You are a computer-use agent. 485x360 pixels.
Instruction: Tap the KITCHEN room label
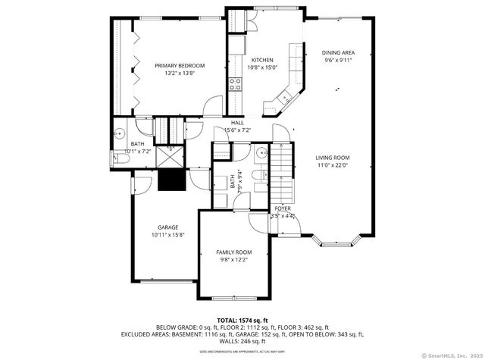coord(262,60)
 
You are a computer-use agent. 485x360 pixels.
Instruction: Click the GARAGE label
coord(168,227)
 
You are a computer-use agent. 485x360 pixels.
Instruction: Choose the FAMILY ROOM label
coord(233,252)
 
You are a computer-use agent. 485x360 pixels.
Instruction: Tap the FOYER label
coord(283,208)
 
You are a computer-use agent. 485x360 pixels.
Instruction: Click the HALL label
coord(237,123)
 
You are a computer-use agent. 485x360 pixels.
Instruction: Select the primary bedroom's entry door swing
coord(215,106)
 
